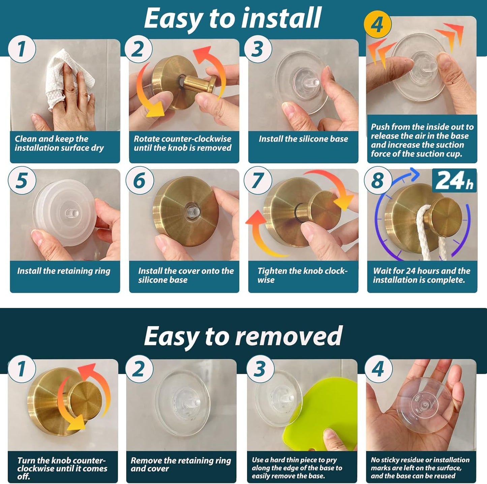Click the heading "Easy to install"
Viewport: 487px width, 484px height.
(x=233, y=18)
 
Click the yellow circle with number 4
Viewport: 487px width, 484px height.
(x=377, y=25)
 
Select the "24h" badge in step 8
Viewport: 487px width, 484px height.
(x=454, y=180)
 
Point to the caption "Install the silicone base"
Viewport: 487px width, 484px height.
(x=303, y=139)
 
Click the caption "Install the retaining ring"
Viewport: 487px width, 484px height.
(x=64, y=271)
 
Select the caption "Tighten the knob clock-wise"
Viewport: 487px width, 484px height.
(x=303, y=275)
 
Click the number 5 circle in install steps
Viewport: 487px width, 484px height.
(x=22, y=180)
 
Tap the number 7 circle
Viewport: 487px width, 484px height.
(x=258, y=180)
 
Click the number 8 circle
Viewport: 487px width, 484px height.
(x=378, y=180)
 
